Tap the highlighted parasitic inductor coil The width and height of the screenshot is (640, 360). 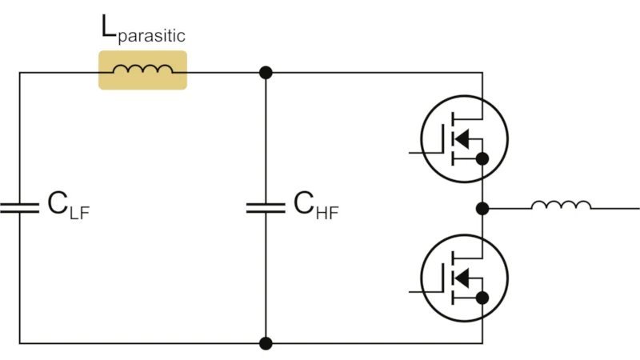[142, 70]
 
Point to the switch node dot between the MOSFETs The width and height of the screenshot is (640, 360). [482, 209]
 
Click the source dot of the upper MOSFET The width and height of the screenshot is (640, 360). [482, 159]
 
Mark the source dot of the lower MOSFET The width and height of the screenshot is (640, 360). [482, 298]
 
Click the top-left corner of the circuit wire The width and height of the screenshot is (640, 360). [19, 73]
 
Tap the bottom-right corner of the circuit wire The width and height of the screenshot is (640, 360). [482, 344]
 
